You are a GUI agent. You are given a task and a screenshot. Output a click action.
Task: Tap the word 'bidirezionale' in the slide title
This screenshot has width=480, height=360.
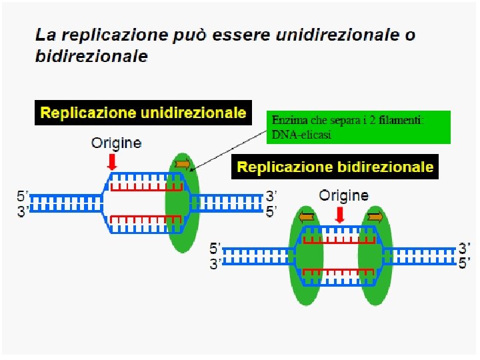tap(91, 56)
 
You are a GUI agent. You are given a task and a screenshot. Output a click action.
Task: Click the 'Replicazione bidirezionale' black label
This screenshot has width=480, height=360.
tap(335, 167)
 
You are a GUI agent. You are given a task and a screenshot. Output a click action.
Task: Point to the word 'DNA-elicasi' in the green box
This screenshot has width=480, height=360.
tap(301, 135)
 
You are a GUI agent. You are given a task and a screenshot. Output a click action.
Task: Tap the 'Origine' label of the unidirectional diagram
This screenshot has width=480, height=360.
tap(116, 143)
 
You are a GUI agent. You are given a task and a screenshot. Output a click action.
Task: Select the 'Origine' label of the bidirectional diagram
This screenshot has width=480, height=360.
tap(343, 195)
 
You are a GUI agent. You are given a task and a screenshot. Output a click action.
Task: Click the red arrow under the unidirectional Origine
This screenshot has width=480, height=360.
tap(113, 161)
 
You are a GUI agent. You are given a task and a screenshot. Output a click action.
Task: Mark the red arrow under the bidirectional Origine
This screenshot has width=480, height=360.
tap(340, 215)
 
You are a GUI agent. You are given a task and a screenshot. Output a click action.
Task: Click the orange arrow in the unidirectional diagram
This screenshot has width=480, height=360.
tap(182, 164)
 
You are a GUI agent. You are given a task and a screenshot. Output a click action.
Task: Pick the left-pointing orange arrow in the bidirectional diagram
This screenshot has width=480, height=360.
tap(307, 217)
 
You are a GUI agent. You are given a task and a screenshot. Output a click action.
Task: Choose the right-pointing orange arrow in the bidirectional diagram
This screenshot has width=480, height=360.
tap(374, 217)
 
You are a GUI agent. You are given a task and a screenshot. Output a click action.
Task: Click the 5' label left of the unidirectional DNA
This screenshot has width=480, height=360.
tap(23, 196)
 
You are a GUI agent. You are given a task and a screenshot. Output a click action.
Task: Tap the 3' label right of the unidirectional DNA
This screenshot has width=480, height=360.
tap(271, 196)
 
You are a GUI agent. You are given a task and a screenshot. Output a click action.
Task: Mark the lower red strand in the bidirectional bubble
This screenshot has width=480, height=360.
tap(339, 271)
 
